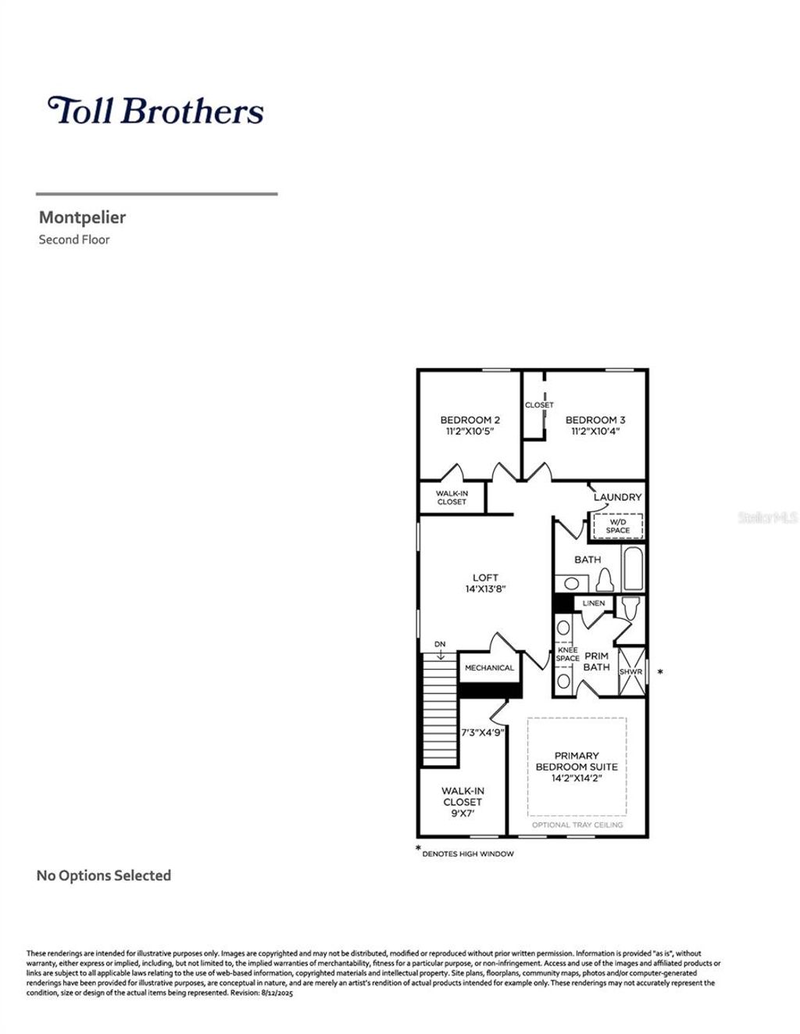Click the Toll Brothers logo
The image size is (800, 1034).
click(155, 110)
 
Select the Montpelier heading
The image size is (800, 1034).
click(82, 217)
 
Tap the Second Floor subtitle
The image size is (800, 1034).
click(74, 240)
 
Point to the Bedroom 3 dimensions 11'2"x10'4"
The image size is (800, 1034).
click(595, 431)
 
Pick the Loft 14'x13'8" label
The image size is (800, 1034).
click(485, 589)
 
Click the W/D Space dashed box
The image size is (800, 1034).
click(617, 526)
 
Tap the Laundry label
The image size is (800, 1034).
click(617, 497)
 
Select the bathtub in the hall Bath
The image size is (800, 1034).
click(633, 569)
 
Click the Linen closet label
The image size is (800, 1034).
click(594, 603)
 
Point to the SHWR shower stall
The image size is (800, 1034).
click(630, 671)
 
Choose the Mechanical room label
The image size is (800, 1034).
click(489, 667)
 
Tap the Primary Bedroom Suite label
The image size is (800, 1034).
click(577, 761)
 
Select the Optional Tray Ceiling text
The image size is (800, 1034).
click(577, 825)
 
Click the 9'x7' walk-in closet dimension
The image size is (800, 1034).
click(462, 813)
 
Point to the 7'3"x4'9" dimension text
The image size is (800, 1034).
click(481, 733)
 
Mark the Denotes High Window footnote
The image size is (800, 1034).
click(468, 853)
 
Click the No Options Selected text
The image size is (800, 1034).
click(104, 875)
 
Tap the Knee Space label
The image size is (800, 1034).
click(567, 654)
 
